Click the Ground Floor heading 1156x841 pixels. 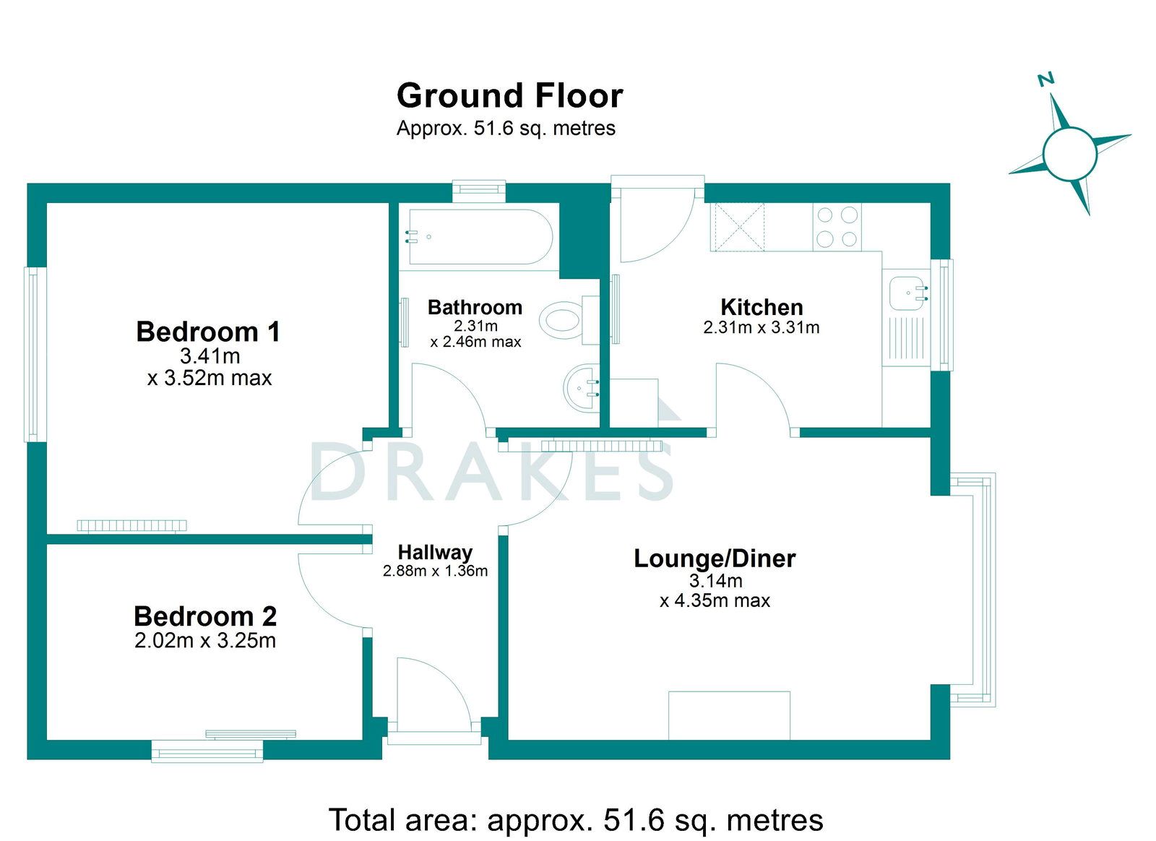510,96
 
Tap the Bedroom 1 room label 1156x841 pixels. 208,331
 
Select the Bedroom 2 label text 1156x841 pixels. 205,616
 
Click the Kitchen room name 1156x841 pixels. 762,308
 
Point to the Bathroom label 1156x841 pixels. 475,308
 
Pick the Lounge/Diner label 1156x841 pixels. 715,558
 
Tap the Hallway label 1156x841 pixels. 435,552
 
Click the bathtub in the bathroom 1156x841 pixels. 480,237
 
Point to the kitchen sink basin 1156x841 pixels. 908,293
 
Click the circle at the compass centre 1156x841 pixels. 1069,154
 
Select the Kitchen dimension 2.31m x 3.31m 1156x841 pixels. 762,327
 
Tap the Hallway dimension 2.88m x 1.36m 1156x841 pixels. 435,571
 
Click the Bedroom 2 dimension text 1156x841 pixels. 205,640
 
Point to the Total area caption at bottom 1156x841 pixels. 575,806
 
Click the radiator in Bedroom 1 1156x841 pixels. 131,526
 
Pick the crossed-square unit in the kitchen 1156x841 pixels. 738,227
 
